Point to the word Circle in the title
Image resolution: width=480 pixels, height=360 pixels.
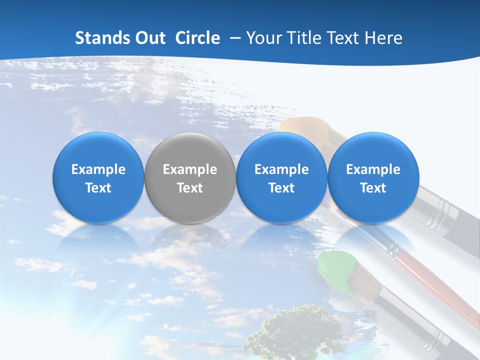[197, 38]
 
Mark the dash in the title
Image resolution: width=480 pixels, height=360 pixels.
[234, 38]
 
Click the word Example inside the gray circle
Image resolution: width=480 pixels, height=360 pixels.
[190, 169]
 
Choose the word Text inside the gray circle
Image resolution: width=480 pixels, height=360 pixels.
[190, 188]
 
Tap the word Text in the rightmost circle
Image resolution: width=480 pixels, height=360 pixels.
[373, 188]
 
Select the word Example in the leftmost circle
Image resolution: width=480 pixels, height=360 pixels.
[98, 169]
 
